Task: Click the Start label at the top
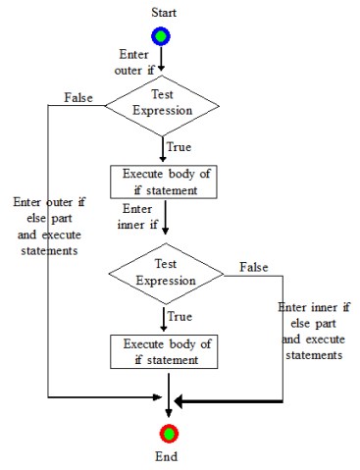point(161,11)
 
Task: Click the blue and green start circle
point(161,35)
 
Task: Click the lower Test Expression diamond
point(166,274)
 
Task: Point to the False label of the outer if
point(79,98)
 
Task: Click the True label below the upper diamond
point(178,147)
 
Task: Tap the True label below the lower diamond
point(180,318)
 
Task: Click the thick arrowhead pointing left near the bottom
point(180,401)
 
